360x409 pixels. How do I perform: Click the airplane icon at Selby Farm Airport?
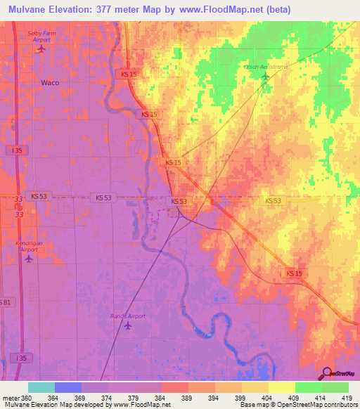coord(41,49)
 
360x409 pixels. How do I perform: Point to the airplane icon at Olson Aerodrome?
coord(265,76)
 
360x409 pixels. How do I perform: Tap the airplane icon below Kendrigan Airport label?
coord(29,259)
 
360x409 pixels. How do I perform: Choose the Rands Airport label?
coord(127,316)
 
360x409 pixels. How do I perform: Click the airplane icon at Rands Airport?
coord(127,325)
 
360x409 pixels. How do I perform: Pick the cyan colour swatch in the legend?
coord(41,387)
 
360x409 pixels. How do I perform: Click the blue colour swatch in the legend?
coord(68,387)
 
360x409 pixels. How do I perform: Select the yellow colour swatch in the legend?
coord(282,387)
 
